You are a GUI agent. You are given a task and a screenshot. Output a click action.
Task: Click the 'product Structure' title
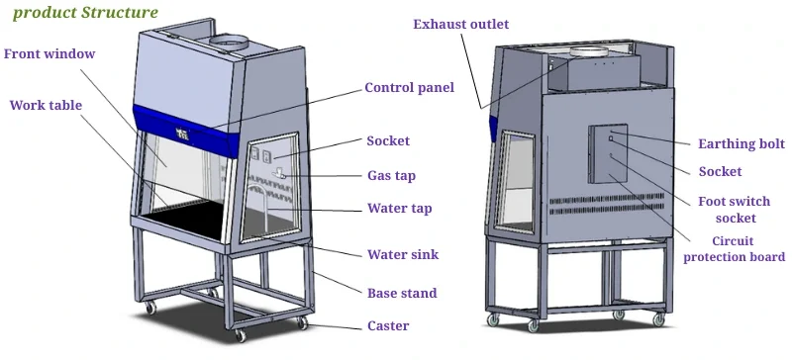[85, 13]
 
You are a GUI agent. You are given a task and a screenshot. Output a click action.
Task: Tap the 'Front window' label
[49, 53]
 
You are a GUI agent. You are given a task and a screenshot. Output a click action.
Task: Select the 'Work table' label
[46, 105]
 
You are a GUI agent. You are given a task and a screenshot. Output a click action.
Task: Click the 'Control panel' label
[409, 87]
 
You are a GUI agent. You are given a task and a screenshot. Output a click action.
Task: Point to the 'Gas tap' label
[391, 176]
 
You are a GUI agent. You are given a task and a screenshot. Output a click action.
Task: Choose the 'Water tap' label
[399, 209]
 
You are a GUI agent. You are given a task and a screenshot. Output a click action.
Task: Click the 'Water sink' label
[402, 254]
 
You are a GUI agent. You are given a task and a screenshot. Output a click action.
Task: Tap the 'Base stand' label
[401, 293]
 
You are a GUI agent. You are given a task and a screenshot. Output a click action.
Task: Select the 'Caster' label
[387, 325]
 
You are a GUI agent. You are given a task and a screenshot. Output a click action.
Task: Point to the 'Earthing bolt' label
[741, 143]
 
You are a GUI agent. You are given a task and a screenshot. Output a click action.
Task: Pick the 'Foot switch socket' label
[735, 209]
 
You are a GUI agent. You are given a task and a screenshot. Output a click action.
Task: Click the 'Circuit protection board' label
[735, 249]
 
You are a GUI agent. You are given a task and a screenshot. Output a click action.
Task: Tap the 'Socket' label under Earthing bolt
[720, 172]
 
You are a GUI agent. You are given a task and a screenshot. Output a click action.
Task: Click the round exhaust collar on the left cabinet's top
[234, 42]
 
